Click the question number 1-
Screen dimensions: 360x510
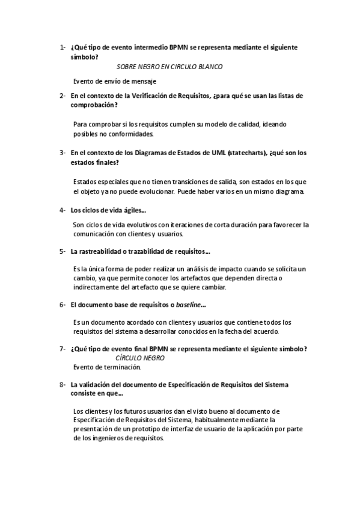[63, 47]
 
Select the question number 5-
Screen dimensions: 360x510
[63, 251]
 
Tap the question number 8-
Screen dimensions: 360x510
[63, 384]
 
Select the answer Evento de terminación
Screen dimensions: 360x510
[107, 367]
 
